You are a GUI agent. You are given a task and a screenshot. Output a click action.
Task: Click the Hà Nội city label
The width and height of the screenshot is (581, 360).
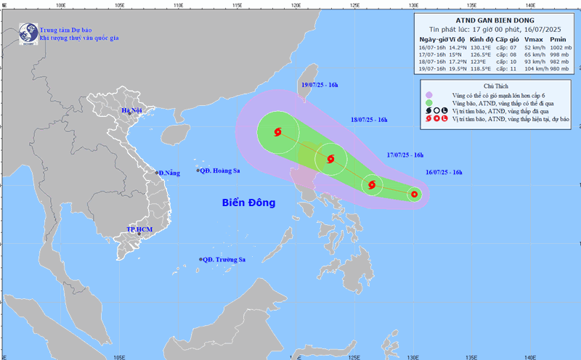132,111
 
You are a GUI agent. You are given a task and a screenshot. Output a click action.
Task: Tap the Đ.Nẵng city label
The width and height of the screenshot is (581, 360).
168,173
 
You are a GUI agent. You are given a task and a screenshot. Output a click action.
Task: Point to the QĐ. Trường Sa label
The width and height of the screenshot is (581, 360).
224,260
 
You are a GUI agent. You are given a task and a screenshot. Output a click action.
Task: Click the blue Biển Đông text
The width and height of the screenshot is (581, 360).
249,203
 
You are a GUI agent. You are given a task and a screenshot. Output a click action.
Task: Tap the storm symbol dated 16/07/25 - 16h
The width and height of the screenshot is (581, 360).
413,194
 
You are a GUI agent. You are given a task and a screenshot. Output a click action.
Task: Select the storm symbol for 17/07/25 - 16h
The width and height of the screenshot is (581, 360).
372,185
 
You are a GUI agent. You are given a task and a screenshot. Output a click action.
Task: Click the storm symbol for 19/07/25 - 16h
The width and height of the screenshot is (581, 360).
278,132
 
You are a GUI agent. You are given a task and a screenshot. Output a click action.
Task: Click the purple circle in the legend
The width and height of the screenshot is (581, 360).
430,95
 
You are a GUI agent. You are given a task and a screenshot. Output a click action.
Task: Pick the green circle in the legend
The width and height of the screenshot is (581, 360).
430,103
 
